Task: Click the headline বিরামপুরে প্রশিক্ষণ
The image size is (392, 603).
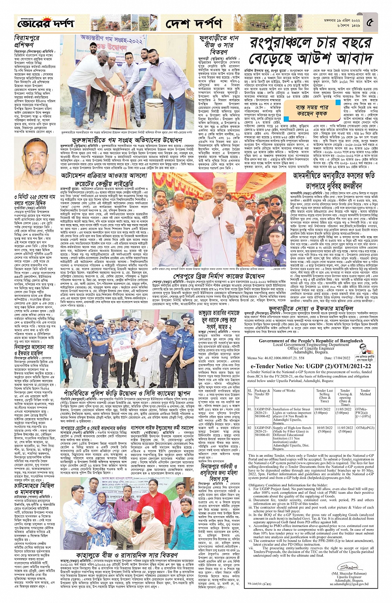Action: pyautogui.click(x=26, y=43)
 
